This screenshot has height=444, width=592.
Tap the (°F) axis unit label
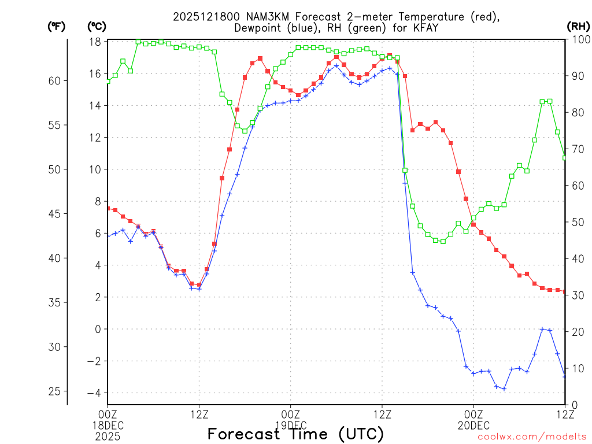pyautogui.click(x=57, y=27)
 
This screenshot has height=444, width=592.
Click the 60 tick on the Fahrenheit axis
pyautogui.click(x=54, y=80)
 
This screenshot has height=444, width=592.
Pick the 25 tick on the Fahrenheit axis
pyautogui.click(x=54, y=391)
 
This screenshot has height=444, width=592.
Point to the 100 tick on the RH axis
pyautogui.click(x=579, y=39)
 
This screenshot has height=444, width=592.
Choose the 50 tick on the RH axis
pyautogui.click(x=577, y=222)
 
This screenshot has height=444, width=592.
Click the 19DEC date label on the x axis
pyautogui.click(x=290, y=425)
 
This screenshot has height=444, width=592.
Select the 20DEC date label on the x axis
pyautogui.click(x=473, y=425)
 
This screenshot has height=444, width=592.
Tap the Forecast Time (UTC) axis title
pyautogui.click(x=295, y=434)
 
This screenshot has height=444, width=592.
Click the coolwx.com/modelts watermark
pyautogui.click(x=532, y=437)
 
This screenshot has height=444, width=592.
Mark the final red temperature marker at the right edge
pyautogui.click(x=565, y=292)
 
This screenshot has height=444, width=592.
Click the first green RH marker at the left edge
pyautogui.click(x=108, y=82)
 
